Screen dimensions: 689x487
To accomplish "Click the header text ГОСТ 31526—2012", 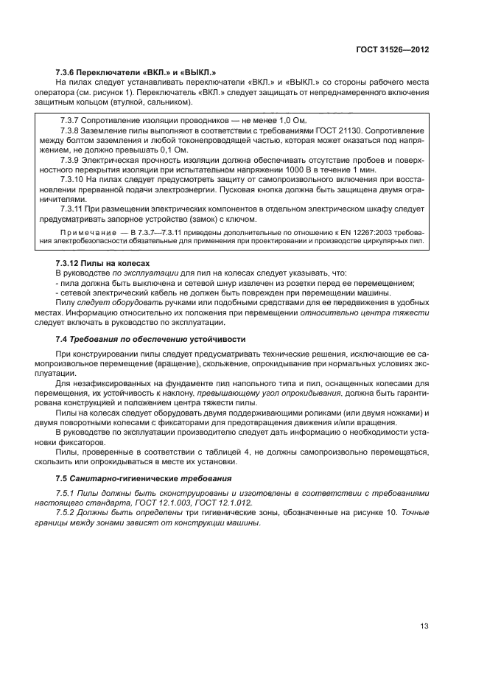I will click(393, 49).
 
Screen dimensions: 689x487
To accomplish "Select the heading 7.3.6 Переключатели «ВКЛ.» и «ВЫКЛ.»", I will click(136, 72).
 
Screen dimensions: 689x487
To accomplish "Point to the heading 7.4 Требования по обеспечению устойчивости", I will click(152, 338).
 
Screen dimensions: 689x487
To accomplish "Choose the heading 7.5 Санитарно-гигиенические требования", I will click(150, 478).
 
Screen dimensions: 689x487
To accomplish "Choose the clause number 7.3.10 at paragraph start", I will click(71, 179).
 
